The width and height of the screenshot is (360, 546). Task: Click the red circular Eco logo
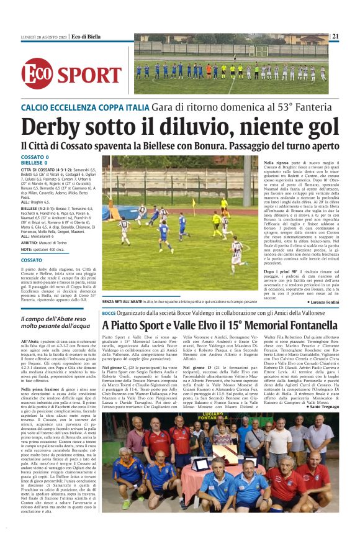(37, 73)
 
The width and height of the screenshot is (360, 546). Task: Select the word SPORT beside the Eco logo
(90, 74)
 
